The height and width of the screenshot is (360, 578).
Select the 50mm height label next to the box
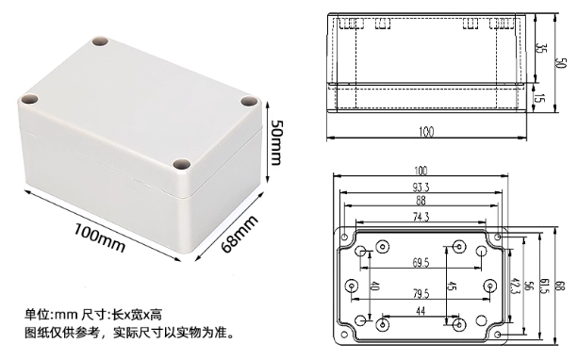coord(276,143)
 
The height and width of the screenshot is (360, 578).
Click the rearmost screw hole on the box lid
coord(98,42)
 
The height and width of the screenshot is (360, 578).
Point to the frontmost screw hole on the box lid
coord(181,168)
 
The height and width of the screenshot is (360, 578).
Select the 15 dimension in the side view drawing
coord(539,97)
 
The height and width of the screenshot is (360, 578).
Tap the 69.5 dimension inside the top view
coord(421,261)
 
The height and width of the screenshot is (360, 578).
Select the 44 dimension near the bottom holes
coord(421,312)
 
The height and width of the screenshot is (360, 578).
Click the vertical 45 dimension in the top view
coord(453,286)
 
